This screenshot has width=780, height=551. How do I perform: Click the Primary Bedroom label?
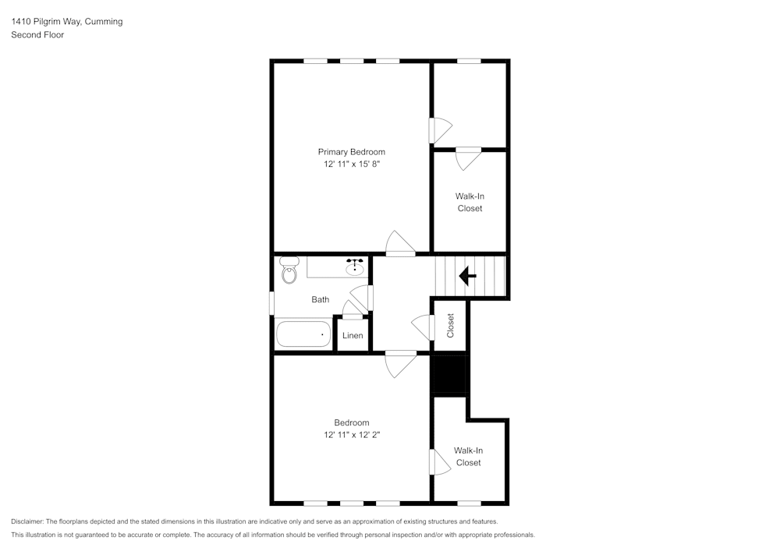pyautogui.click(x=351, y=152)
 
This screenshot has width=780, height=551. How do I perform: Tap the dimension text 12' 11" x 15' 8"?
pyautogui.click(x=351, y=164)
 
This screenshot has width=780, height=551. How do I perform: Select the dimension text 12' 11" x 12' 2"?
pyautogui.click(x=351, y=435)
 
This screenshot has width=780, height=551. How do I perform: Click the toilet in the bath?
pyautogui.click(x=289, y=273)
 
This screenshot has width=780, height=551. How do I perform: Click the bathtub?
pyautogui.click(x=303, y=334)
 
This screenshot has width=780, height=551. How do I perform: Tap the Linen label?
pyautogui.click(x=353, y=336)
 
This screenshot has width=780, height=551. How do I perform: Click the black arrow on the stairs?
pyautogui.click(x=468, y=276)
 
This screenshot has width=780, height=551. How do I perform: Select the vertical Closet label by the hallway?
pyautogui.click(x=450, y=326)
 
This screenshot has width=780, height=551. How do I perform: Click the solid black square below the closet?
pyautogui.click(x=450, y=375)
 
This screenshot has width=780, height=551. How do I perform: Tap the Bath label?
pyautogui.click(x=320, y=299)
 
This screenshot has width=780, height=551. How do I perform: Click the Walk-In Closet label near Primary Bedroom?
pyautogui.click(x=470, y=203)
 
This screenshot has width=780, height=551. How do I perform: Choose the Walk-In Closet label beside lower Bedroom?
pyautogui.click(x=468, y=457)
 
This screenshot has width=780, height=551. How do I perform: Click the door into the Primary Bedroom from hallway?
pyautogui.click(x=401, y=244)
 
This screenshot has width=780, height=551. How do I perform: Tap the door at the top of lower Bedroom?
pyautogui.click(x=401, y=363)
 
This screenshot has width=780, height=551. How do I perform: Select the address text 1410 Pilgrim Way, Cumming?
pyautogui.click(x=66, y=22)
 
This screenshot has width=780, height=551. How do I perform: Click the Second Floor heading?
pyautogui.click(x=37, y=35)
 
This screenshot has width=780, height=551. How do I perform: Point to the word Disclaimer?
pyautogui.click(x=27, y=521)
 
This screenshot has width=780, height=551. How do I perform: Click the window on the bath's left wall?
pyautogui.click(x=271, y=303)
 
